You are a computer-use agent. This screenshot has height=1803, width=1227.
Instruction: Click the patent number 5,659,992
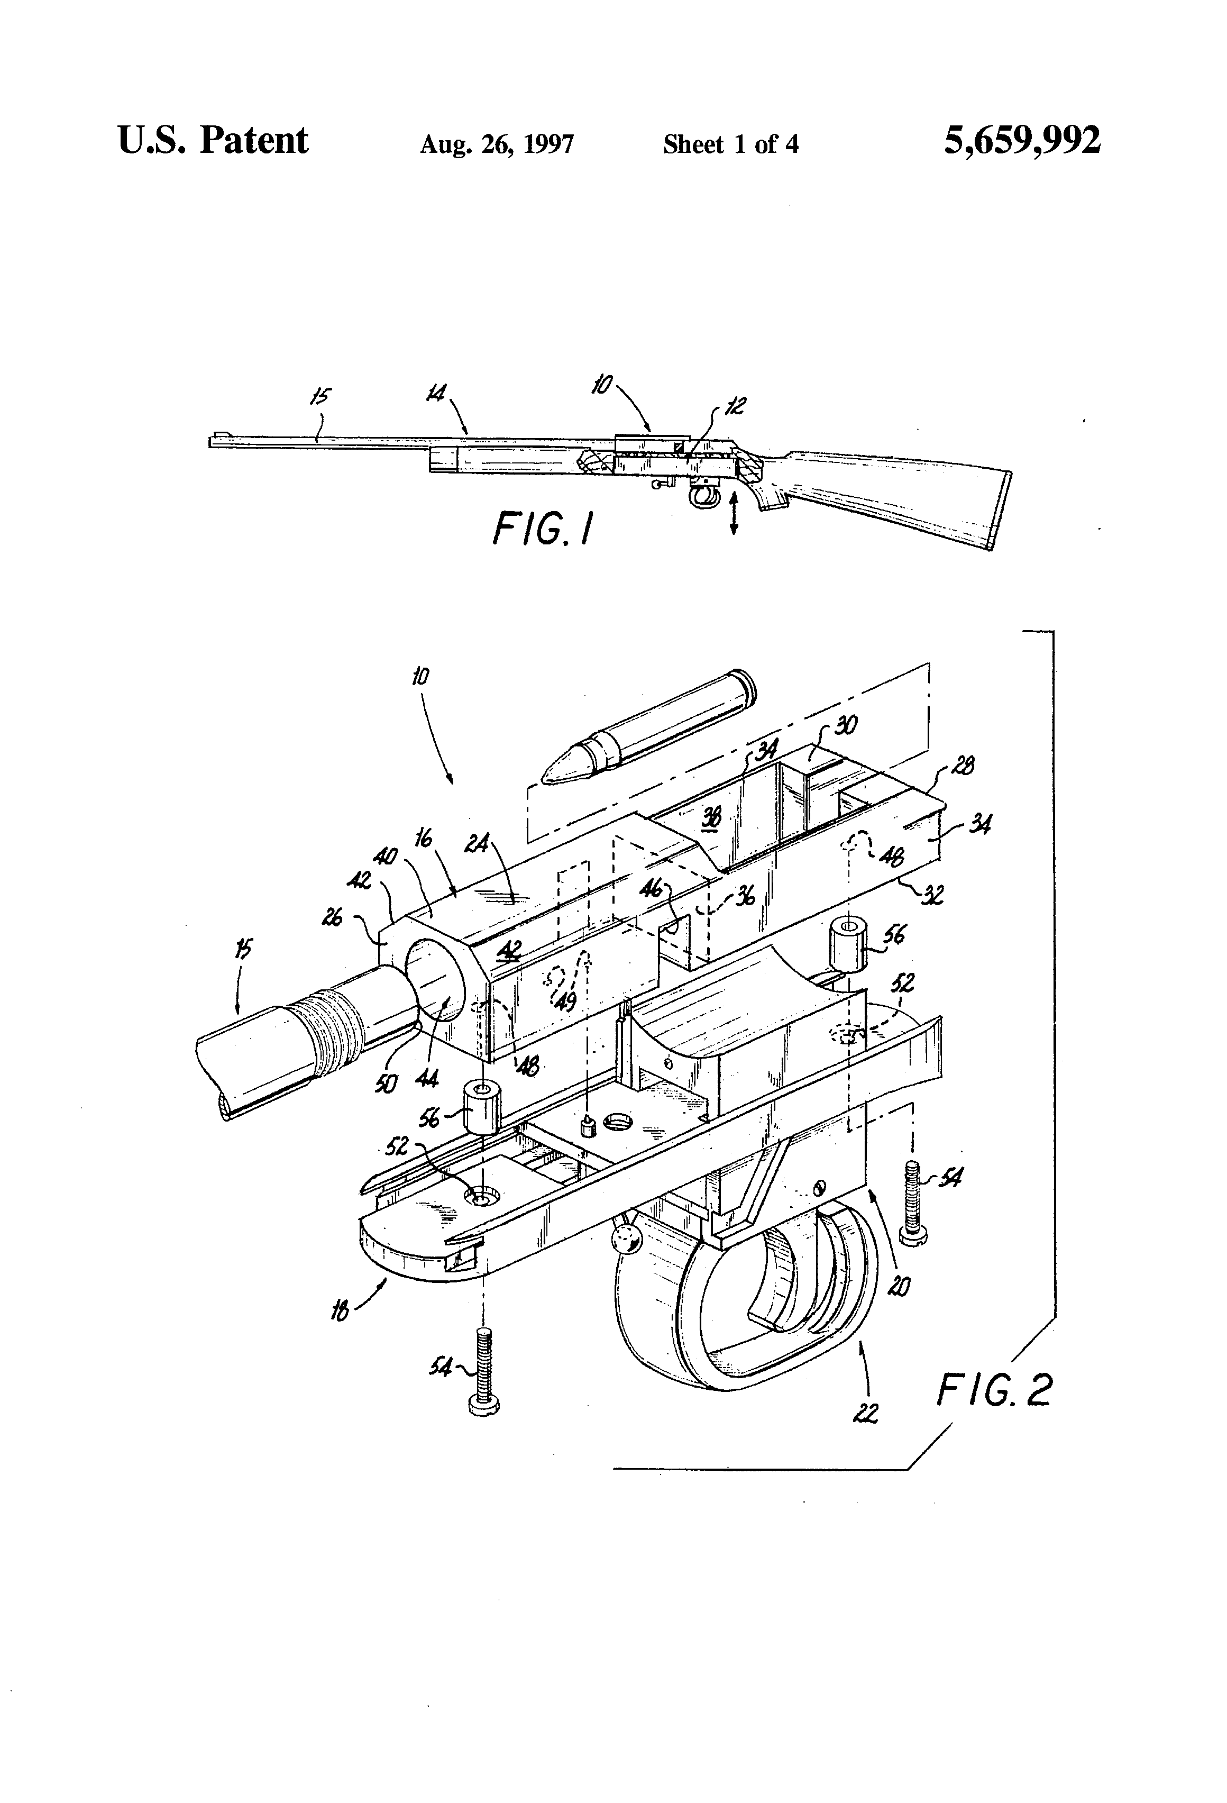1021,142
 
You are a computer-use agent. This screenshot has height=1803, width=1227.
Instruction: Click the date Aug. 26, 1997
497,144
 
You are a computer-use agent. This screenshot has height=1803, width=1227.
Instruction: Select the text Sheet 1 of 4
730,144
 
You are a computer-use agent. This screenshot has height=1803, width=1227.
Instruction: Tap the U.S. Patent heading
213,141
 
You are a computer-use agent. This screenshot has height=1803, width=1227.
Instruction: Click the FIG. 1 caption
543,532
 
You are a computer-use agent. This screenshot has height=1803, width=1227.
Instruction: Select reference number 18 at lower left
340,1310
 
